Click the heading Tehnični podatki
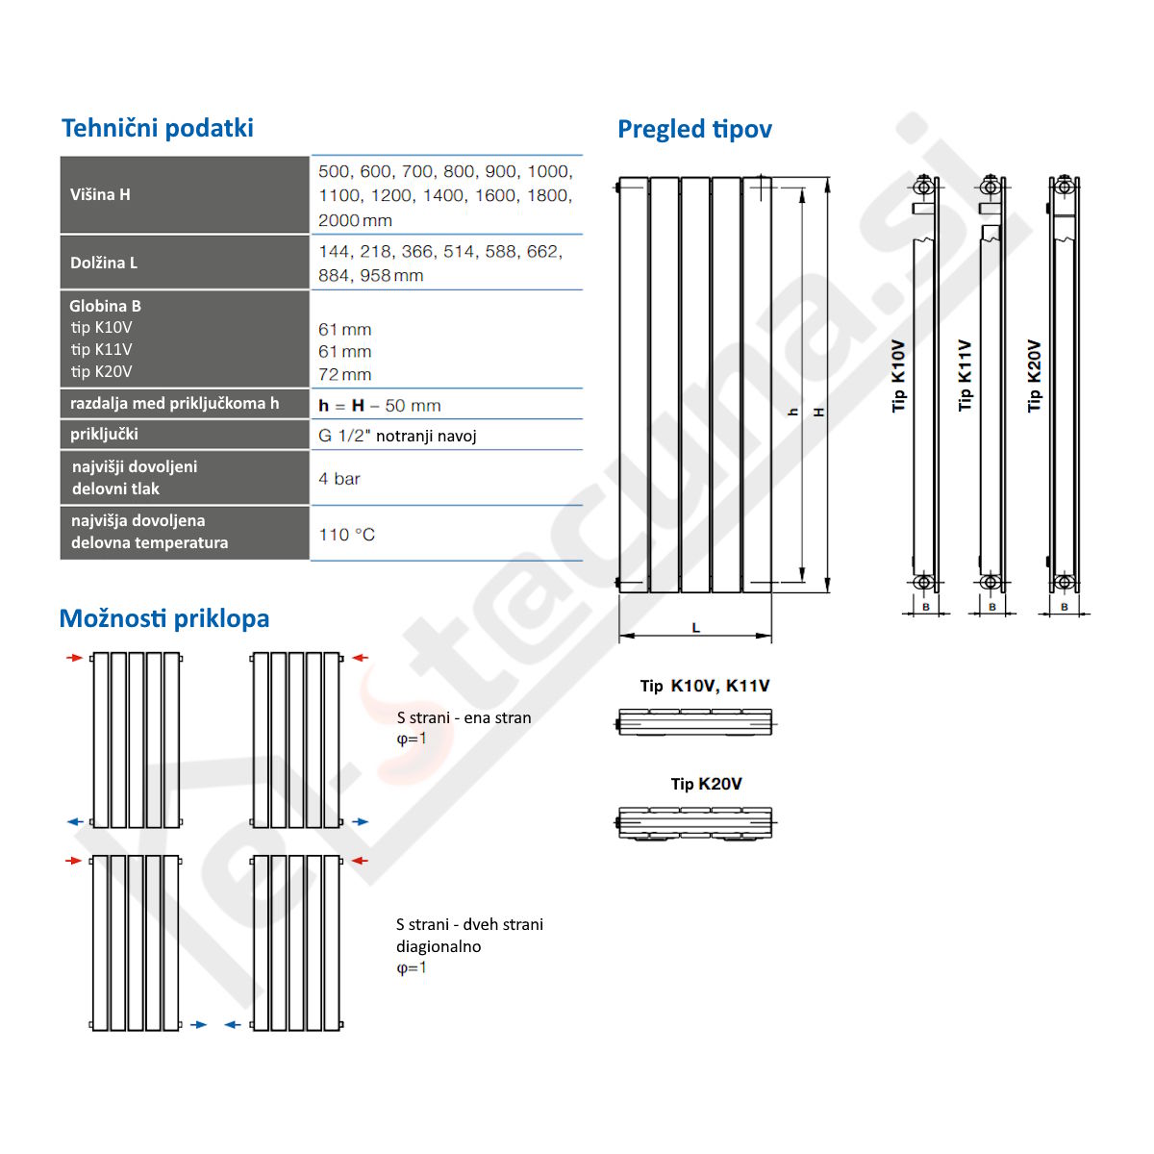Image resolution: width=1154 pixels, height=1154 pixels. (158, 128)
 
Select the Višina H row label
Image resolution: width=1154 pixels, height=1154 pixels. (100, 194)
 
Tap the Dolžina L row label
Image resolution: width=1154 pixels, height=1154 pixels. (104, 263)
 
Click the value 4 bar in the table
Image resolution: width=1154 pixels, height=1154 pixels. (339, 479)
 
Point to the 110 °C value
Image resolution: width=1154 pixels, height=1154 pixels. (347, 535)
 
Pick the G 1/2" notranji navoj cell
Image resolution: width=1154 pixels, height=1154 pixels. (397, 436)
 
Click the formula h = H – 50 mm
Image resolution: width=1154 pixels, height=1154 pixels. (380, 406)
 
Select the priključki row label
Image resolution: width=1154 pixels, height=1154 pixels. (104, 434)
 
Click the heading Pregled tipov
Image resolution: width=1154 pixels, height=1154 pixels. (694, 129)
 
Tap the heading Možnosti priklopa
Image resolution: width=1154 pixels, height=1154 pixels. (164, 618)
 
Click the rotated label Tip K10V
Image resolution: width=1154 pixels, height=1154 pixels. (899, 376)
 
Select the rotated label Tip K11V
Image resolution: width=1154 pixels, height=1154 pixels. (966, 376)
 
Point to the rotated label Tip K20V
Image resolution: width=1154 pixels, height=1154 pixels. (1035, 376)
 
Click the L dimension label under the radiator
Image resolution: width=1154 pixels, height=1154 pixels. (696, 628)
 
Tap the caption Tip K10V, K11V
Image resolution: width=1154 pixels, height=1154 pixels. (705, 686)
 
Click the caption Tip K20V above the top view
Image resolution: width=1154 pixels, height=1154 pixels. (707, 784)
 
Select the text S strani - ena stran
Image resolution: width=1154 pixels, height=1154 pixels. (464, 717)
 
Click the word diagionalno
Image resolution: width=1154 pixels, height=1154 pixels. (439, 946)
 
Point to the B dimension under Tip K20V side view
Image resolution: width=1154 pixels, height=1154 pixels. (1065, 607)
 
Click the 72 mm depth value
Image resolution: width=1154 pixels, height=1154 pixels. (345, 375)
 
